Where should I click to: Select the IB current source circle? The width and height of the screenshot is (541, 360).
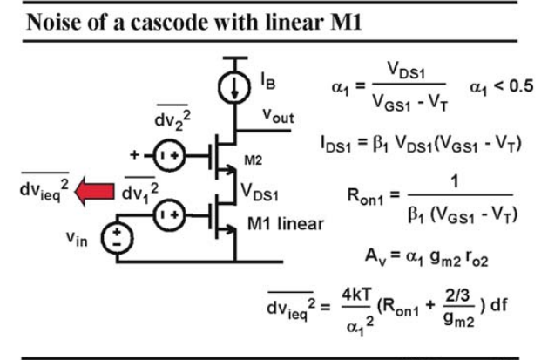point(234,87)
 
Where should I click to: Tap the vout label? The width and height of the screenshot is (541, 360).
point(278,116)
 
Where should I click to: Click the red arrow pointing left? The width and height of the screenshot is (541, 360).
point(94,191)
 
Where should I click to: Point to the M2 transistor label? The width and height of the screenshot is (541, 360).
point(253,160)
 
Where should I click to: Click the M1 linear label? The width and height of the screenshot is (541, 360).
point(286,224)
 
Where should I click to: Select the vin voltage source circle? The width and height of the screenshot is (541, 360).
point(117,238)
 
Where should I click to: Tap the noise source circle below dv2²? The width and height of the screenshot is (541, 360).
point(169,156)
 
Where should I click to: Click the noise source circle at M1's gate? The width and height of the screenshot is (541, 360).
point(169,215)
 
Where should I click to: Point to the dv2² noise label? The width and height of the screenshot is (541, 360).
point(172,118)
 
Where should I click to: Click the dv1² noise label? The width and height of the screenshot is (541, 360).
point(140,191)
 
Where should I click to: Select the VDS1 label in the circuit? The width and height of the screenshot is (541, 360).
point(260,192)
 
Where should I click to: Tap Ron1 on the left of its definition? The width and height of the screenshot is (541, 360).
point(365,196)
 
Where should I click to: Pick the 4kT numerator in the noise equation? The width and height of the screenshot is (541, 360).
point(356,295)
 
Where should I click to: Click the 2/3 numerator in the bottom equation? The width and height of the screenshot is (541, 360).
point(457,295)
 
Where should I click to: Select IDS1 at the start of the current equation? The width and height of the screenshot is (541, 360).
point(335,144)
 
